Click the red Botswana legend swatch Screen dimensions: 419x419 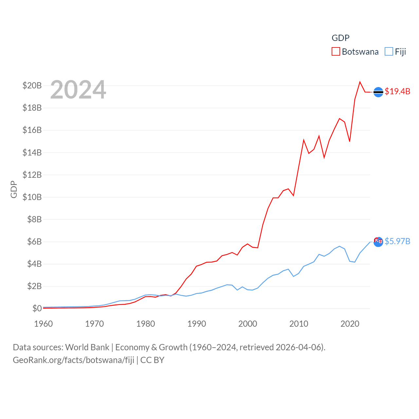click(x=336, y=51)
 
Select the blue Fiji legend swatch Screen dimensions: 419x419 click(x=389, y=51)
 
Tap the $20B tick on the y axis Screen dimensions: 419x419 click(x=32, y=86)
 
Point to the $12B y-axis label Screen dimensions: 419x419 click(x=32, y=175)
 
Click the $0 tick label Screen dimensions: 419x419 click(x=37, y=308)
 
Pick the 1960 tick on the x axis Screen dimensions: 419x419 click(x=44, y=324)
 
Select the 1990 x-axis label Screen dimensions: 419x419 click(x=197, y=324)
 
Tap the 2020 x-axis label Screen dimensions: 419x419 click(x=350, y=324)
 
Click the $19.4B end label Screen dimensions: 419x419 click(x=397, y=91)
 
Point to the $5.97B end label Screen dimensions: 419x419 click(x=397, y=241)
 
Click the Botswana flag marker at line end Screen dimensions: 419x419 click(x=378, y=92)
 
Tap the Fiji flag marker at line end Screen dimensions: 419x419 click(x=378, y=242)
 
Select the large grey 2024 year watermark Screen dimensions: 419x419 click(x=78, y=90)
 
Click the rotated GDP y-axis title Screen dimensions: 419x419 click(x=14, y=189)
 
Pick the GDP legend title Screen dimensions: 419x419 click(x=340, y=38)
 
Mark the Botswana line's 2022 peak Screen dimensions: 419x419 click(x=360, y=82)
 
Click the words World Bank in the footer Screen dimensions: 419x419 click(x=87, y=347)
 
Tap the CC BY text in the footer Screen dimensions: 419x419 click(x=152, y=360)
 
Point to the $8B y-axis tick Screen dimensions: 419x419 click(x=34, y=219)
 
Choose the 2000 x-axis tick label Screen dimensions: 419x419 click(x=248, y=324)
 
